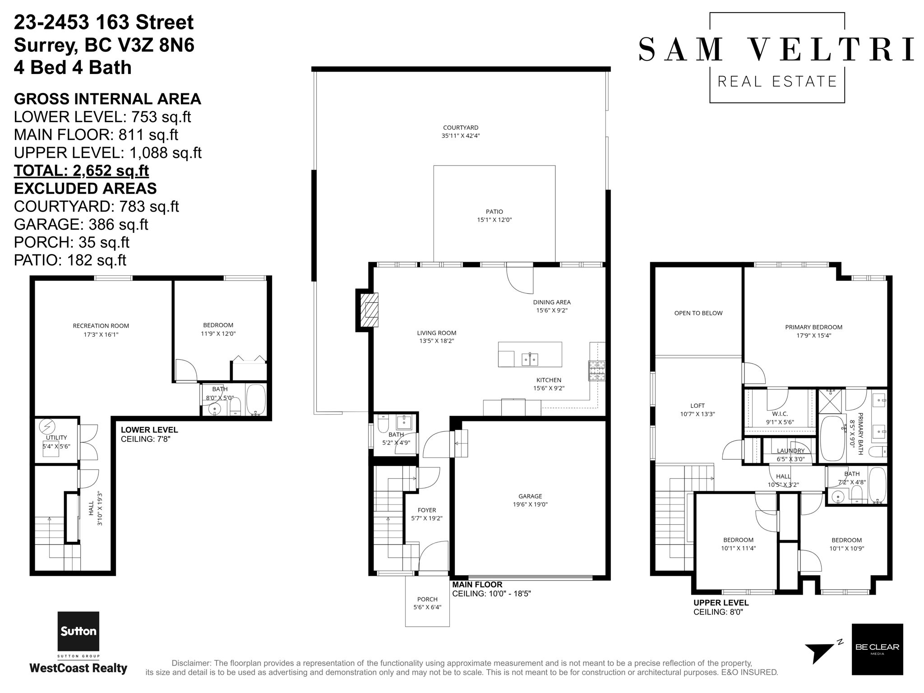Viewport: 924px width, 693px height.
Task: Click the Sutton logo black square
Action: pos(78,632)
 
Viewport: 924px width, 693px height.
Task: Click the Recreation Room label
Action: pos(101,326)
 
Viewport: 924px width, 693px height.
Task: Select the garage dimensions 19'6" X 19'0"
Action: pos(530,504)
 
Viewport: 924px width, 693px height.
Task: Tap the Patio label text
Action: pos(494,212)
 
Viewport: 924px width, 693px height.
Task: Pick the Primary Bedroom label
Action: pos(813,327)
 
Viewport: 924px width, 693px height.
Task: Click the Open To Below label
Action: pos(698,313)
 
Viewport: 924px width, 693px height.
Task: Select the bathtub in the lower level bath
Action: pos(256,399)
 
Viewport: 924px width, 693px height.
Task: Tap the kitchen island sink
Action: pos(530,359)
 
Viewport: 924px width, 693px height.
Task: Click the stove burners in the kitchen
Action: pos(596,371)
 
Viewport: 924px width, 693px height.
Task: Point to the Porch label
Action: pos(427,599)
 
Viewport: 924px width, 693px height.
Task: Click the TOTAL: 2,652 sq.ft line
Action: pos(81,171)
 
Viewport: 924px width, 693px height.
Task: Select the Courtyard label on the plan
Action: pos(461,128)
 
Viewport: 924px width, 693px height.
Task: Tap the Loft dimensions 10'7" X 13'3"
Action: pos(698,414)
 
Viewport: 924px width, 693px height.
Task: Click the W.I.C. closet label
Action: pos(780,414)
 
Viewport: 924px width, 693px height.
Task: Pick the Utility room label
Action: pos(56,438)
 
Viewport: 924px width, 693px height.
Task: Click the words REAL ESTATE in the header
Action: pos(777,81)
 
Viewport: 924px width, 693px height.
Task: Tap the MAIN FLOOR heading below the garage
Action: pos(477,585)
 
